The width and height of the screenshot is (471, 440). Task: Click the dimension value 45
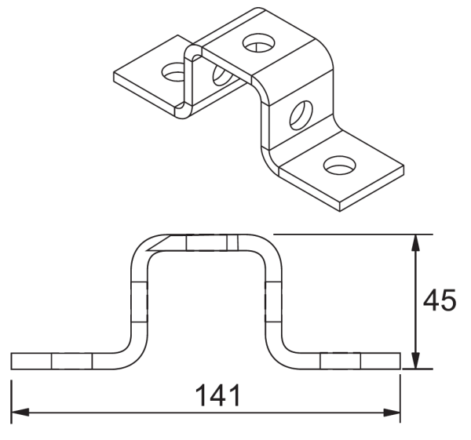pos(439,300)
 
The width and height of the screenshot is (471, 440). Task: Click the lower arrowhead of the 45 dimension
pos(416,361)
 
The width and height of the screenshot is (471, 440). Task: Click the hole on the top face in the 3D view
pos(257,41)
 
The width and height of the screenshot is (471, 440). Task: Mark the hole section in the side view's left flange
pos(71,361)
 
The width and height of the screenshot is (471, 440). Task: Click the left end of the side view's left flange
pos(12,361)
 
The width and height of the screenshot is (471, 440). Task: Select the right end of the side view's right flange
pos(400,361)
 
